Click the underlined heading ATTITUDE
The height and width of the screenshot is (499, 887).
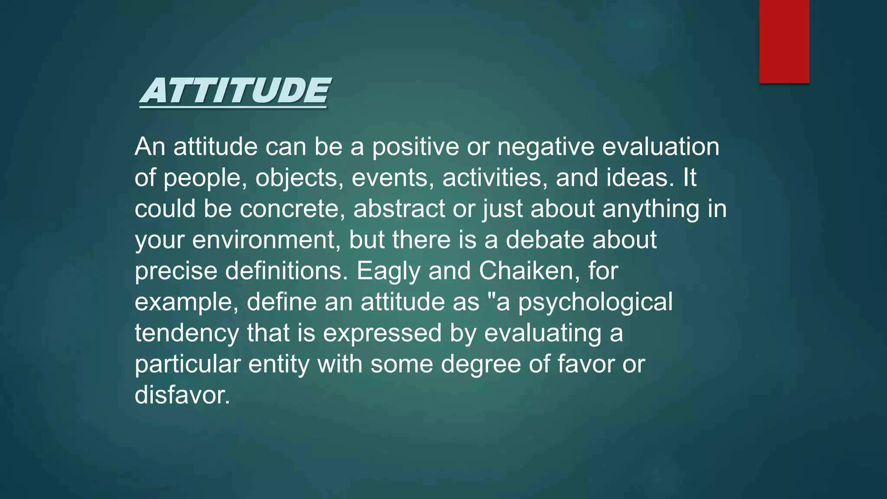click(235, 91)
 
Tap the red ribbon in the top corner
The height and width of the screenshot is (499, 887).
click(784, 41)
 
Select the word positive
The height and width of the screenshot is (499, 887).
click(415, 147)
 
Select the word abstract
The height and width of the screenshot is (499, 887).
click(399, 209)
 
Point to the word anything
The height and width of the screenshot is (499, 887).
click(651, 209)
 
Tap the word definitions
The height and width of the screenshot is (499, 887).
click(286, 271)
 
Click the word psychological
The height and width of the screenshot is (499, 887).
click(596, 302)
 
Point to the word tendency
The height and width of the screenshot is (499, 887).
click(187, 333)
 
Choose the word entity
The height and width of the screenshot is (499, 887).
click(278, 364)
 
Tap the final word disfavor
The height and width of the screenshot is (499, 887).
click(182, 395)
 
